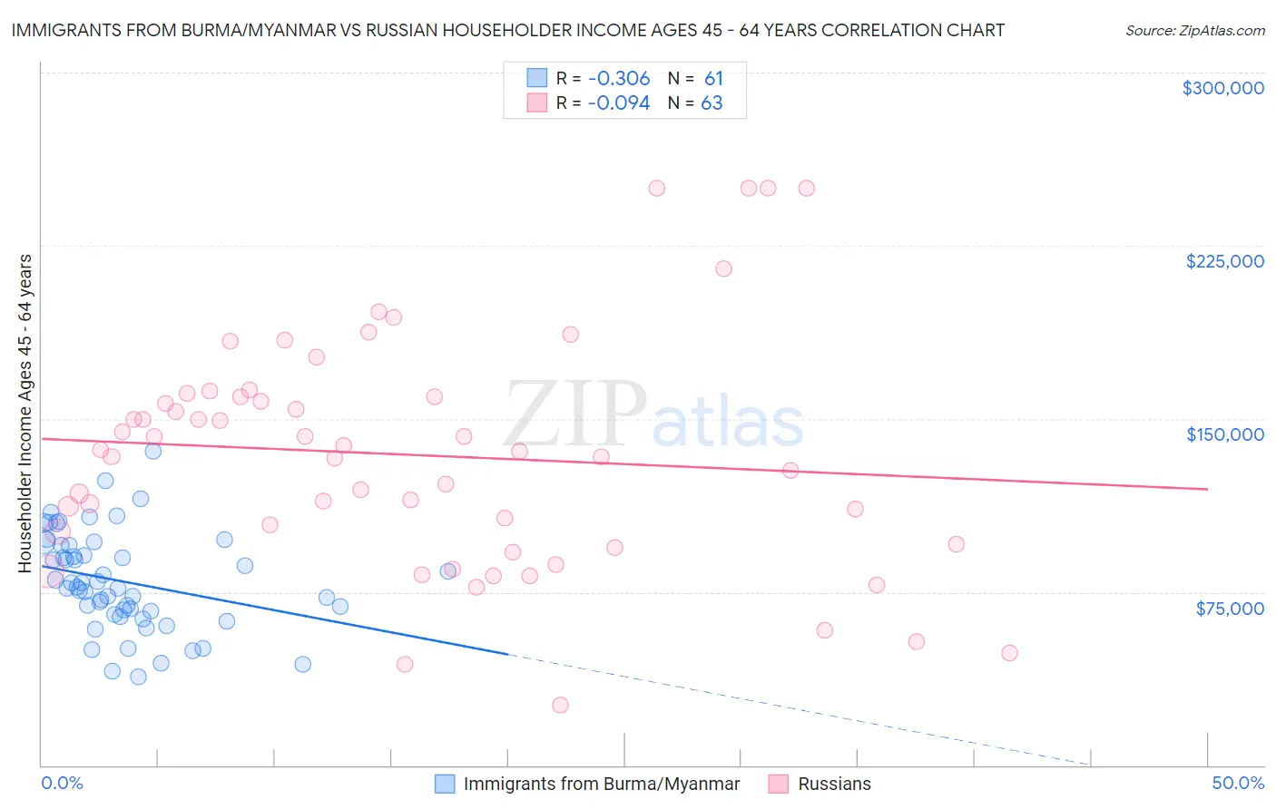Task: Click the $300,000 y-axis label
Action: coord(1222,88)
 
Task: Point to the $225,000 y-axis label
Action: coord(1224,261)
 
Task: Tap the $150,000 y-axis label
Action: coord(1224,434)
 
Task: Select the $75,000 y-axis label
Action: coord(1229,609)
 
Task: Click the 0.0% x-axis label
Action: coord(62,783)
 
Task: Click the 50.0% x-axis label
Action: coord(1237,783)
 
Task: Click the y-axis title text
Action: coord(25,413)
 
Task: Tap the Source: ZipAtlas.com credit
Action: coord(1194,30)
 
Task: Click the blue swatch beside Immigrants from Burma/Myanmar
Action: coord(445,784)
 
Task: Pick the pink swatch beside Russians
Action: coord(778,784)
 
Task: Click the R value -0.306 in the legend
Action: coord(619,79)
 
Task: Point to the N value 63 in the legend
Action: coord(712,103)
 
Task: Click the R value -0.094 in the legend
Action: coord(619,103)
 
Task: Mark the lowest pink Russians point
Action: coord(560,705)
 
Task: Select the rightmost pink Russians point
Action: coord(1009,653)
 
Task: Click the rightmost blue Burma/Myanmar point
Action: coord(448,571)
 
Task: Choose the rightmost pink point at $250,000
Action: coord(806,189)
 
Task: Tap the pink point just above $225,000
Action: coord(723,268)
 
